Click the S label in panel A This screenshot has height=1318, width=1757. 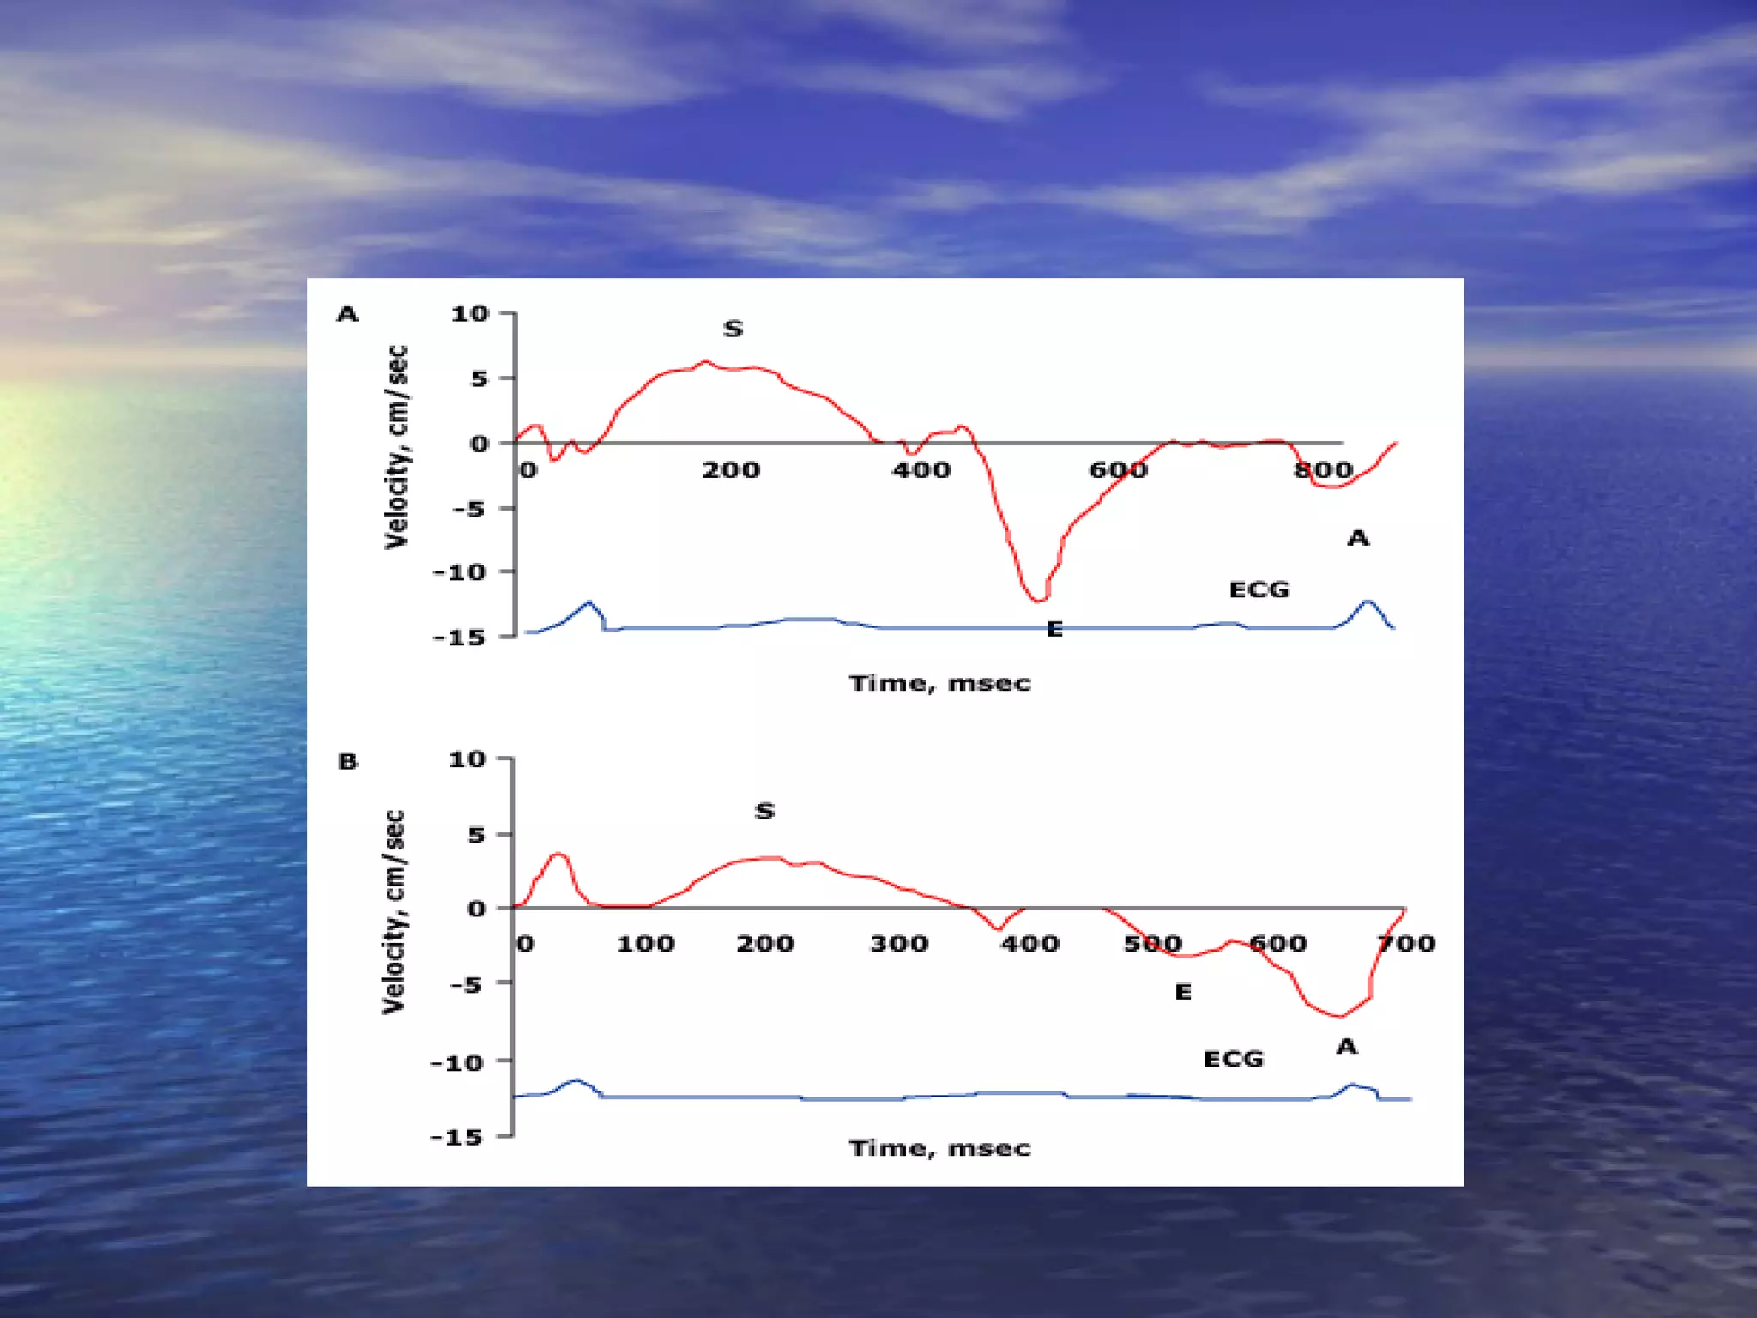733,329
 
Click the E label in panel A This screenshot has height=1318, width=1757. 1054,629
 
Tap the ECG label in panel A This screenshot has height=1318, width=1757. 1259,589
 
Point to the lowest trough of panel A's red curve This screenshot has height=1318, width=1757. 1037,599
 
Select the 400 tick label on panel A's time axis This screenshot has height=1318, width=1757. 921,470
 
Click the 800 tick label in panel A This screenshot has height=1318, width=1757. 1323,470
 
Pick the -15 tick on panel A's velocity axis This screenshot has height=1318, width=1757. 460,637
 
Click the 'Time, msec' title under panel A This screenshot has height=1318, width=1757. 939,683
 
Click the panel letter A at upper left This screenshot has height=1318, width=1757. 347,314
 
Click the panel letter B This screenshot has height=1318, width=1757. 347,761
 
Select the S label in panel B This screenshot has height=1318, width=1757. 764,811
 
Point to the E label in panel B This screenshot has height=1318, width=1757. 1182,992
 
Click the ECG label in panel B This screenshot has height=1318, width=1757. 1233,1059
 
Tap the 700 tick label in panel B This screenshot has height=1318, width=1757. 1406,944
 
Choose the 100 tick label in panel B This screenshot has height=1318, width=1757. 645,944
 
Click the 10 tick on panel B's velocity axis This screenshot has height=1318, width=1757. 468,759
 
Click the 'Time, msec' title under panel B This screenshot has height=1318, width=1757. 939,1148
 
